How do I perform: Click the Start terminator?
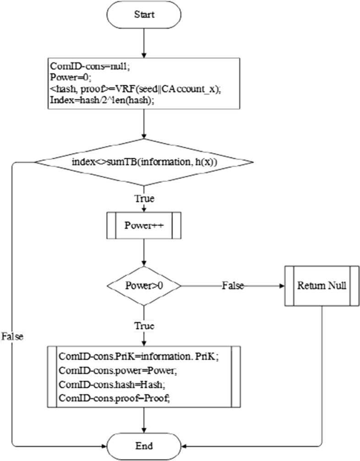pyautogui.click(x=144, y=14)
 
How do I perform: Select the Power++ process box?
pyautogui.click(x=144, y=226)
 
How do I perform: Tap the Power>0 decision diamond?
pyautogui.click(x=144, y=286)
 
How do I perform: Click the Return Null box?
pyautogui.click(x=322, y=286)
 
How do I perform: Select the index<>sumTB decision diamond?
pyautogui.click(x=144, y=162)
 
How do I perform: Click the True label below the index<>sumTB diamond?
pyautogui.click(x=144, y=199)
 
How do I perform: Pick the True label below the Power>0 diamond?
pyautogui.click(x=144, y=326)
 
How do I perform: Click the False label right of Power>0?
pyautogui.click(x=232, y=286)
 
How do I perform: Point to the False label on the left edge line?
pyautogui.click(x=12, y=336)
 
